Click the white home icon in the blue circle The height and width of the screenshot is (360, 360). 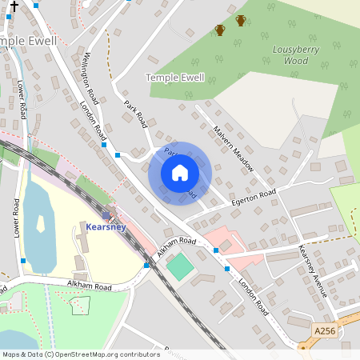coord(180,173)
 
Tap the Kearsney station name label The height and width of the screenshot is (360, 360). coord(106,227)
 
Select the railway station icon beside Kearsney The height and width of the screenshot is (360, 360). coord(106,215)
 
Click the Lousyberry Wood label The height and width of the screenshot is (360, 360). coord(290,54)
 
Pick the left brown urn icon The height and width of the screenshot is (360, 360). coord(220,30)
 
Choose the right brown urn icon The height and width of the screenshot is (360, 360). coord(241,21)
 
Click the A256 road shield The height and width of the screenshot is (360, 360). coord(324,330)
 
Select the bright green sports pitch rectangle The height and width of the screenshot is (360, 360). coord(180,266)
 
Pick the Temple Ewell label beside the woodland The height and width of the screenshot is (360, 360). coord(174,78)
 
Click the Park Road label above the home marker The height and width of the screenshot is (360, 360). coord(136,114)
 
